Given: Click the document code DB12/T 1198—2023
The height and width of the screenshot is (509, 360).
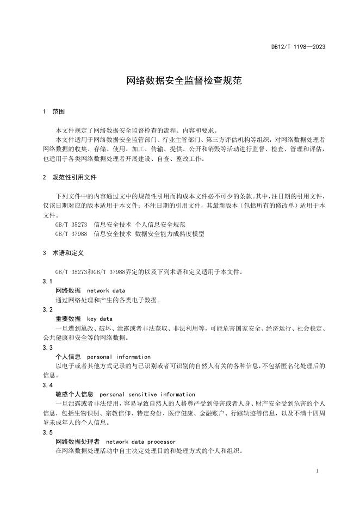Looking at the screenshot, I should (x=298, y=47).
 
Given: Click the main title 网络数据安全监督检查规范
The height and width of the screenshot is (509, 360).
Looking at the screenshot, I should (x=179, y=81).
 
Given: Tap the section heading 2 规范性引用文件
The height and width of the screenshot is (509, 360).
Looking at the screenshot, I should (x=70, y=177).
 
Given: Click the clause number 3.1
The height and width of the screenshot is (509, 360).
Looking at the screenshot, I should (x=47, y=281).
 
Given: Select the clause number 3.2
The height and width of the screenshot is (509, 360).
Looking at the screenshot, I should (x=47, y=309).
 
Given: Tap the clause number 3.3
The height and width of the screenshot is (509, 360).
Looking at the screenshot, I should (x=47, y=347).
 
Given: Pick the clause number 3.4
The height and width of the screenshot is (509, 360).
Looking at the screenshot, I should (x=47, y=384).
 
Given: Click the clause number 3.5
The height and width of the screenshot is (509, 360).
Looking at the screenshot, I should (x=47, y=432).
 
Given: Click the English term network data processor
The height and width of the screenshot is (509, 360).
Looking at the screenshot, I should (x=140, y=442).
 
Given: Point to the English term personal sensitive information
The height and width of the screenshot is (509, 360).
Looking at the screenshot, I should (x=147, y=394).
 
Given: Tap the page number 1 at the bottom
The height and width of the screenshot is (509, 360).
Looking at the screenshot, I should (x=317, y=471).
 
